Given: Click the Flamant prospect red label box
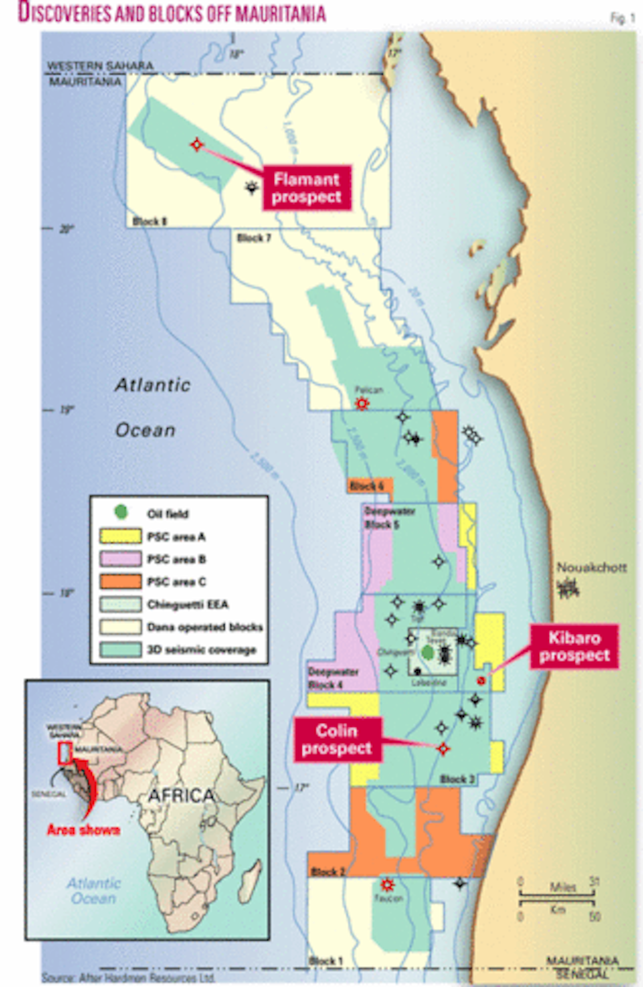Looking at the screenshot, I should pyautogui.click(x=307, y=188).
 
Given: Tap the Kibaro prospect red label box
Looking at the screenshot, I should pyautogui.click(x=574, y=646).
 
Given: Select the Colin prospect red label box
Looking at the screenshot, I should pyautogui.click(x=337, y=739).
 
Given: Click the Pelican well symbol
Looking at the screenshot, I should pyautogui.click(x=362, y=404).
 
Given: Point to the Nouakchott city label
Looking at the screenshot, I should pyautogui.click(x=592, y=568).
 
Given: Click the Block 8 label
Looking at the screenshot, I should pyautogui.click(x=150, y=221).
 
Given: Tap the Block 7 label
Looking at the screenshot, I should pyautogui.click(x=254, y=238).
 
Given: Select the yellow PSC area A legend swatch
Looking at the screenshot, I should pyautogui.click(x=121, y=536).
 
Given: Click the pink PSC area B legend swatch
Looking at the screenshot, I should pyautogui.click(x=121, y=559).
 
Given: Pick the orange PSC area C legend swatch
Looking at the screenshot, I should pyautogui.click(x=121, y=581).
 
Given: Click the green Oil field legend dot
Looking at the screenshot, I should pyautogui.click(x=121, y=512).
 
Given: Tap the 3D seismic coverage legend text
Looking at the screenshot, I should pyautogui.click(x=202, y=650).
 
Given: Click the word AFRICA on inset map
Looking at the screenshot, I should pyautogui.click(x=181, y=795).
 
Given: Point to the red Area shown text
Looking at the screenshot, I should pyautogui.click(x=84, y=830).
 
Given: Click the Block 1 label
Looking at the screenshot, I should pyautogui.click(x=326, y=960).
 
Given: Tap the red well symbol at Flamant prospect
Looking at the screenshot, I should pyautogui.click(x=196, y=144).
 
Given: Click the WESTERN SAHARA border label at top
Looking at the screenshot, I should pyautogui.click(x=100, y=66).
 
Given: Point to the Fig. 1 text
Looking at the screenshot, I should pyautogui.click(x=622, y=18).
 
